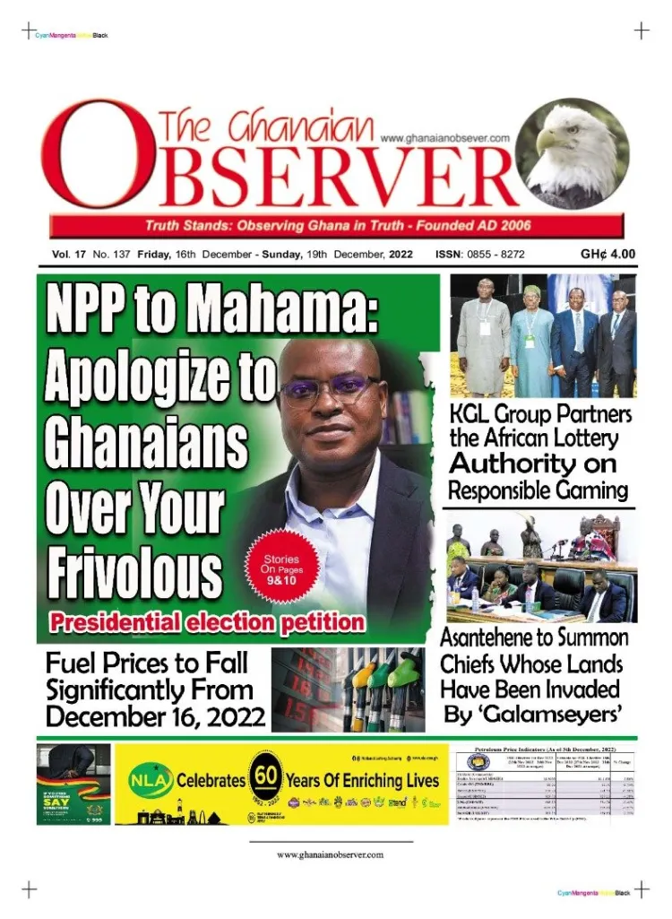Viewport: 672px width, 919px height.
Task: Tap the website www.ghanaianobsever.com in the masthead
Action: [444, 137]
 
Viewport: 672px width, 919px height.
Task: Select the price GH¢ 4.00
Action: [607, 254]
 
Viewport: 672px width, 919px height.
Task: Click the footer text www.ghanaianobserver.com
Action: [330, 854]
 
